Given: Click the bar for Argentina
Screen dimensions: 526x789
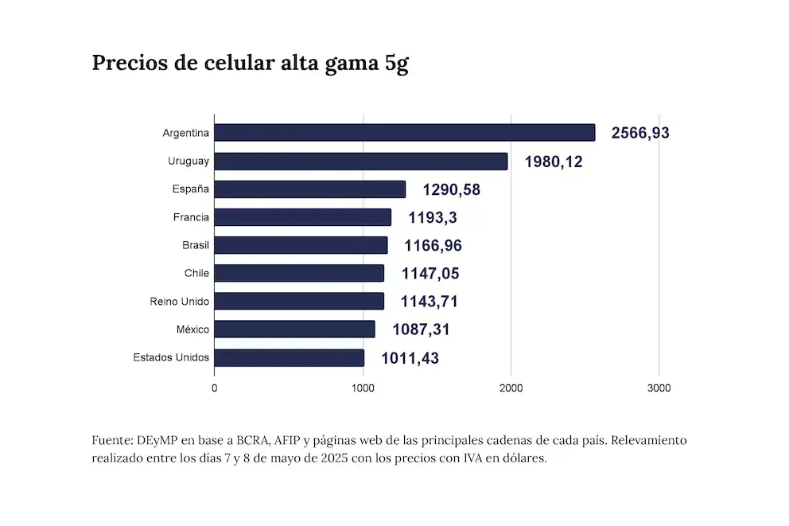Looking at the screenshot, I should click(404, 133).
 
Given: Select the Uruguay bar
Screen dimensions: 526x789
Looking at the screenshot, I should click(360, 162).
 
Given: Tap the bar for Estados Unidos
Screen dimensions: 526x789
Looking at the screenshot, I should click(289, 357).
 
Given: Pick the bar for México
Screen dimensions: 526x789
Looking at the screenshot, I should click(294, 329).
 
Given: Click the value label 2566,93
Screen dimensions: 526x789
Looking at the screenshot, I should click(640, 133).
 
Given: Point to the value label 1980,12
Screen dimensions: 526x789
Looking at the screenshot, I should click(554, 162).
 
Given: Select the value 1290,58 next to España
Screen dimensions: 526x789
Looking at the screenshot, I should click(451, 189).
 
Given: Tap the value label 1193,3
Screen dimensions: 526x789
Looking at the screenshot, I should click(433, 217).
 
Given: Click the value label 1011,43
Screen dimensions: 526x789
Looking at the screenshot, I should click(410, 358).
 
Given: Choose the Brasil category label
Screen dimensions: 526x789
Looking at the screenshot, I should click(195, 245).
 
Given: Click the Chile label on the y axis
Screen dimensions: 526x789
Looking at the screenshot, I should click(196, 273).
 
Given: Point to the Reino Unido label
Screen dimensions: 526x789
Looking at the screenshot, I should click(179, 302).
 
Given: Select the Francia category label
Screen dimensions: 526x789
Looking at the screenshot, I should click(191, 217).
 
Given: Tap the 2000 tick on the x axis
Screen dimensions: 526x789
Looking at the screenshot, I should click(511, 388).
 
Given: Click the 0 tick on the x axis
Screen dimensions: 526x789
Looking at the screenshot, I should click(214, 388).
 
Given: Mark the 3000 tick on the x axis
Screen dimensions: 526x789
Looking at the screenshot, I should click(659, 388).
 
